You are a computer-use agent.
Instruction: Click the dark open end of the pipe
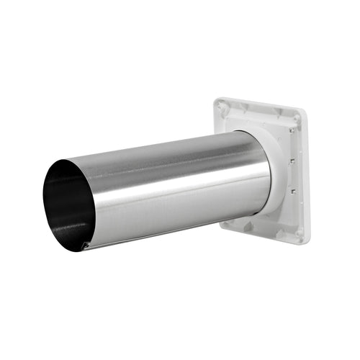[65, 205]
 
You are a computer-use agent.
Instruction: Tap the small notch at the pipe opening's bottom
[86, 247]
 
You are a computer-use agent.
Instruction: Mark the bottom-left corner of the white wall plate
[223, 225]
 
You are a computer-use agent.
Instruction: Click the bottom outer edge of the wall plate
[263, 234]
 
